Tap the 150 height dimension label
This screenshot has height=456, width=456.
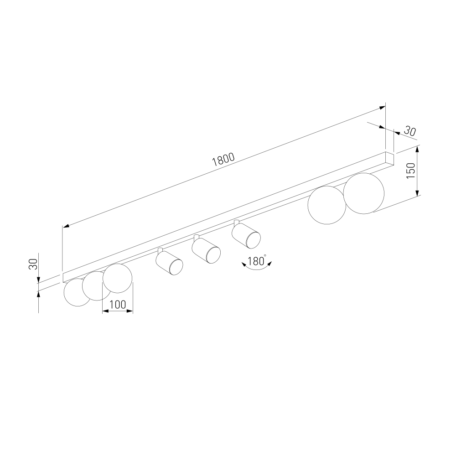coord(411,171)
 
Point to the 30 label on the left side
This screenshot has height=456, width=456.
coord(33,264)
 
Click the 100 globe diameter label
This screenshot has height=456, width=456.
coord(118,305)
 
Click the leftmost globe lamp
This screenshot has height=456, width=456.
coord(76,293)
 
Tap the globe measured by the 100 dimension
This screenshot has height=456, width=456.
coord(118,278)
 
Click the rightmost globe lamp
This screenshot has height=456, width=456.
coord(363,193)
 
